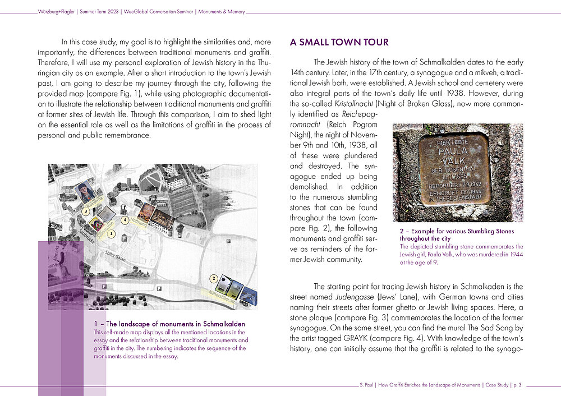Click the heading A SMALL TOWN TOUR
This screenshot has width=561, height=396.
click(x=339, y=43)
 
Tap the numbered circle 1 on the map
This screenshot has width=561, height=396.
click(x=112, y=233)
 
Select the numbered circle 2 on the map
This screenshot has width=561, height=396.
click(x=214, y=278)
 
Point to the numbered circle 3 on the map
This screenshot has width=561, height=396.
click(x=85, y=211)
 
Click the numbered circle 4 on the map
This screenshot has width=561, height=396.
click(x=125, y=220)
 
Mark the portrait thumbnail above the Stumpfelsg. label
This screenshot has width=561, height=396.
click(x=84, y=192)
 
